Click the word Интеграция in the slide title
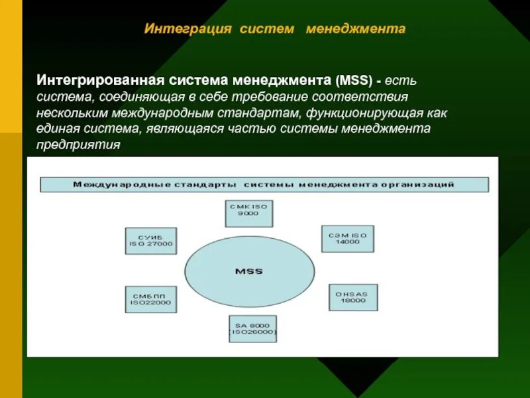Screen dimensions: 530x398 (x=187, y=30)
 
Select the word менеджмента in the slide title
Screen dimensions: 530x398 (x=355, y=30)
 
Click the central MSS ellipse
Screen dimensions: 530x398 (x=248, y=271)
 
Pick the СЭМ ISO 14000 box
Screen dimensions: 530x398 (x=347, y=237)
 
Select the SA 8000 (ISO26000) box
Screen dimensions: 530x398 (x=252, y=328)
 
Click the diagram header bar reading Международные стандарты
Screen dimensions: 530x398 (x=264, y=184)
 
